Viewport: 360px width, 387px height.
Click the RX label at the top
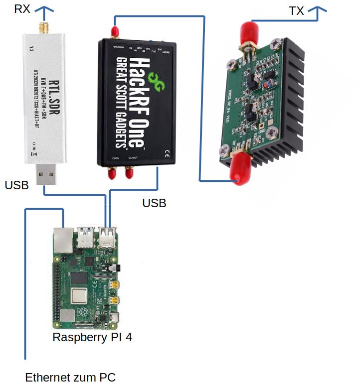coord(21,8)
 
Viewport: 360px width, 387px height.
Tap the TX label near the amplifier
coord(296,11)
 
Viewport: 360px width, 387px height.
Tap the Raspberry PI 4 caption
coord(92,337)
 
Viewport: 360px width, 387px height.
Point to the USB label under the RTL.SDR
coord(16,185)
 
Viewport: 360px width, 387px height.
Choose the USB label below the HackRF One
coord(154,203)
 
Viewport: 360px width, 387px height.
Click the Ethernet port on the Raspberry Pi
coord(63,240)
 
